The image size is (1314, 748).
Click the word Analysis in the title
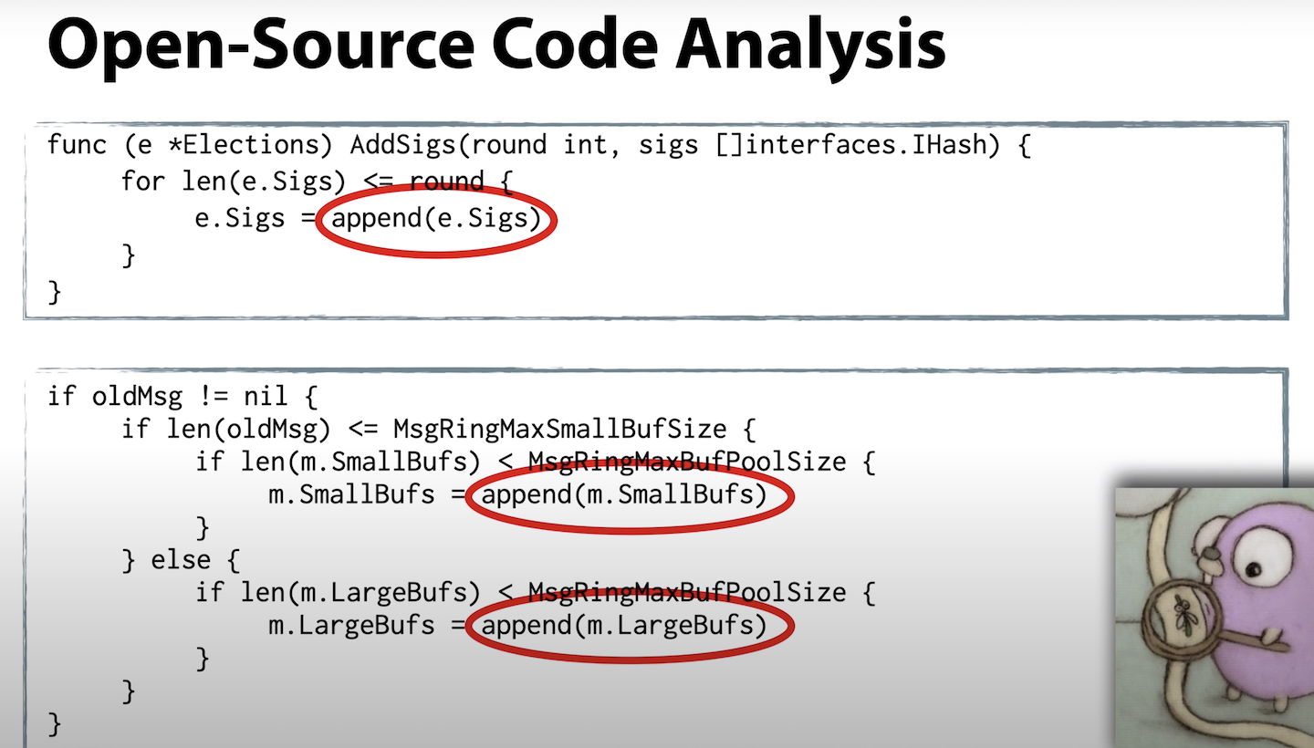click(810, 47)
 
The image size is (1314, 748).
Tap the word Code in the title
click(576, 45)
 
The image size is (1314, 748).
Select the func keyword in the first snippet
click(77, 144)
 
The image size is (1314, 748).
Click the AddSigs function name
click(402, 145)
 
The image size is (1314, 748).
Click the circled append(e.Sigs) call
click(436, 219)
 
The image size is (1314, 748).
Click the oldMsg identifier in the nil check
click(137, 397)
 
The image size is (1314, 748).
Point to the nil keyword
click(266, 396)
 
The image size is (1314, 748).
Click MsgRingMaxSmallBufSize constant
click(560, 430)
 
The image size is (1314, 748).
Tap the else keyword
click(181, 560)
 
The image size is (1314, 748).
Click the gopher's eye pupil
click(1254, 568)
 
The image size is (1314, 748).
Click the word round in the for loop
click(447, 182)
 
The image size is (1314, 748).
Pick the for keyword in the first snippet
click(143, 181)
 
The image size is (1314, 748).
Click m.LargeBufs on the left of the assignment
click(351, 626)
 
